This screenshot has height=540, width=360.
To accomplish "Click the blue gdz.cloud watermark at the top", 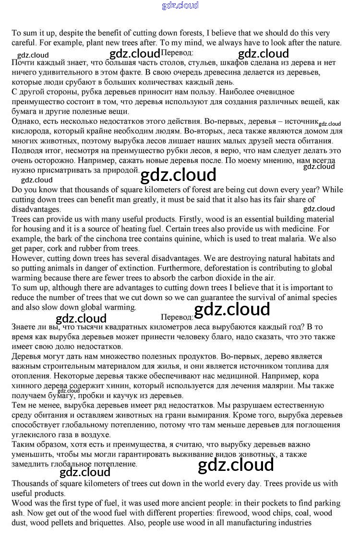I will tap(180, 6).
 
